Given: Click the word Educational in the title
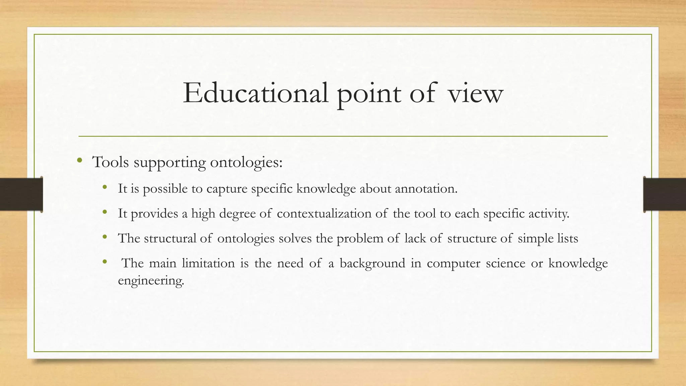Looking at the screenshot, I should click(x=255, y=93).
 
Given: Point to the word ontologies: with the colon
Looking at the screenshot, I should click(x=246, y=163).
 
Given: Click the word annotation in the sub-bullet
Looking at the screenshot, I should click(x=426, y=189).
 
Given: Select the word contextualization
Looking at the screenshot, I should click(x=324, y=213).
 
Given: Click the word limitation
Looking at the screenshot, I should click(x=208, y=263).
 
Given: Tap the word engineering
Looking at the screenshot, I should click(x=151, y=280).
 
